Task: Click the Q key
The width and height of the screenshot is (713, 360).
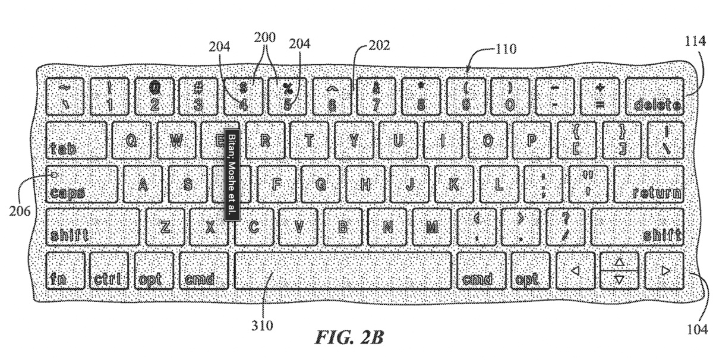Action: coord(133,140)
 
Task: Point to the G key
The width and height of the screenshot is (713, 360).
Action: coord(321,184)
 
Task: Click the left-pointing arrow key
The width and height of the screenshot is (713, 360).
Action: coord(574,270)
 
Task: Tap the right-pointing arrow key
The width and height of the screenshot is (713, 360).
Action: coord(664,270)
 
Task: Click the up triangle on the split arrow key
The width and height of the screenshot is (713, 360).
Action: coord(619,261)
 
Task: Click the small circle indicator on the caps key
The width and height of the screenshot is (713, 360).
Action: coord(54,175)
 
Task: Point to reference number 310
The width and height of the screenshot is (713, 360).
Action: coord(261,325)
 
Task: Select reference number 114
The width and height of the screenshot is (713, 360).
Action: coord(694,43)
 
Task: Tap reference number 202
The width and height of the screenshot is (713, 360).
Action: coord(380,45)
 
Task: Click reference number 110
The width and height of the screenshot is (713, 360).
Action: coord(506,50)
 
